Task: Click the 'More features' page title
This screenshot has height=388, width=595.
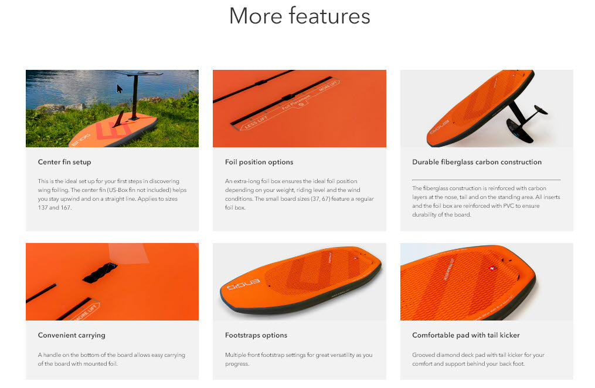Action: pyautogui.click(x=300, y=16)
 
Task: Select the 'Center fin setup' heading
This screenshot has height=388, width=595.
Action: pyautogui.click(x=64, y=162)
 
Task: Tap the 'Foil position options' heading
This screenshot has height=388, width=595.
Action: pyautogui.click(x=259, y=162)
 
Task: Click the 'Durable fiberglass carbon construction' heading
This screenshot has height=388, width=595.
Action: pyautogui.click(x=477, y=162)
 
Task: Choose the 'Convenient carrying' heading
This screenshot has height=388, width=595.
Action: pyautogui.click(x=72, y=335)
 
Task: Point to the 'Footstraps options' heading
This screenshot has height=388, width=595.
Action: pyautogui.click(x=256, y=335)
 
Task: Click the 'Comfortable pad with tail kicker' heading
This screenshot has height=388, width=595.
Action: pyautogui.click(x=466, y=335)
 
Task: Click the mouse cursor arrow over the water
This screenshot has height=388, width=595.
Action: pyautogui.click(x=119, y=89)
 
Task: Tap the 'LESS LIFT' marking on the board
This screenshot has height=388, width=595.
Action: pyautogui.click(x=256, y=122)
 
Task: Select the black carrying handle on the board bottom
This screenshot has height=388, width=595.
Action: pyautogui.click(x=100, y=273)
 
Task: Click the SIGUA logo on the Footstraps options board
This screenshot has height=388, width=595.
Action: pyautogui.click(x=243, y=284)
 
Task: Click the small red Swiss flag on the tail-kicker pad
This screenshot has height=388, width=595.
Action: pyautogui.click(x=492, y=268)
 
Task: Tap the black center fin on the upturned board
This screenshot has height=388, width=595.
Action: pyautogui.click(x=119, y=119)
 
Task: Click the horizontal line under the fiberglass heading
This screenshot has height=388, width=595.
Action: pyautogui.click(x=486, y=180)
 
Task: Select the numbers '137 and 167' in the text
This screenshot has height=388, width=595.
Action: pyautogui.click(x=55, y=207)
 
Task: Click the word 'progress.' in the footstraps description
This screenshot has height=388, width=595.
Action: pyautogui.click(x=237, y=364)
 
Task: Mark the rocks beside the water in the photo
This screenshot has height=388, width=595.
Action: pyautogui.click(x=61, y=107)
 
